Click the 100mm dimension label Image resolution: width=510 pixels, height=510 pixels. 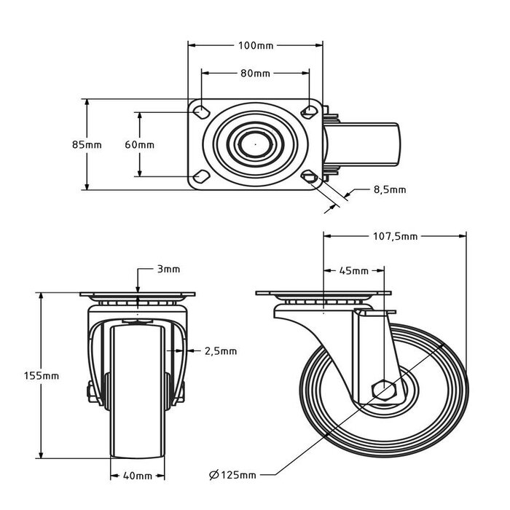[x=255, y=46]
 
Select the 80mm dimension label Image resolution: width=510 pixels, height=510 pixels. [x=255, y=74]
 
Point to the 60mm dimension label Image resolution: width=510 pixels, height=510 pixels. [x=139, y=144]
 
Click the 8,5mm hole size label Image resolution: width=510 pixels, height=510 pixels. [x=389, y=189]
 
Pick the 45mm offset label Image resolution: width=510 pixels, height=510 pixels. [x=354, y=271]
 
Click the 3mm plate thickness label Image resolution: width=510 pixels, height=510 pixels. [x=168, y=270]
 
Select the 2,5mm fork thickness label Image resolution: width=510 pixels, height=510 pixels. [x=220, y=350]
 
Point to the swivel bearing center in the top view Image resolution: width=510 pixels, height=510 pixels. [x=255, y=144]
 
